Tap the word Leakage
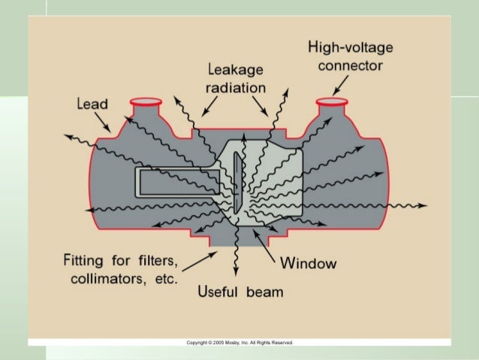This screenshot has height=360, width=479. pos(235,71)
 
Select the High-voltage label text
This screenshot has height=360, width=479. pos(351,49)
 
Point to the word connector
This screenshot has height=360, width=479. pos(351,66)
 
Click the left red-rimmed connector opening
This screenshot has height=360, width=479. pos(145,101)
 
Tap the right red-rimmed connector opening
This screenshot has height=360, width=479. pos(330,101)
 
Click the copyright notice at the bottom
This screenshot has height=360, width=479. pos(239,342)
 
